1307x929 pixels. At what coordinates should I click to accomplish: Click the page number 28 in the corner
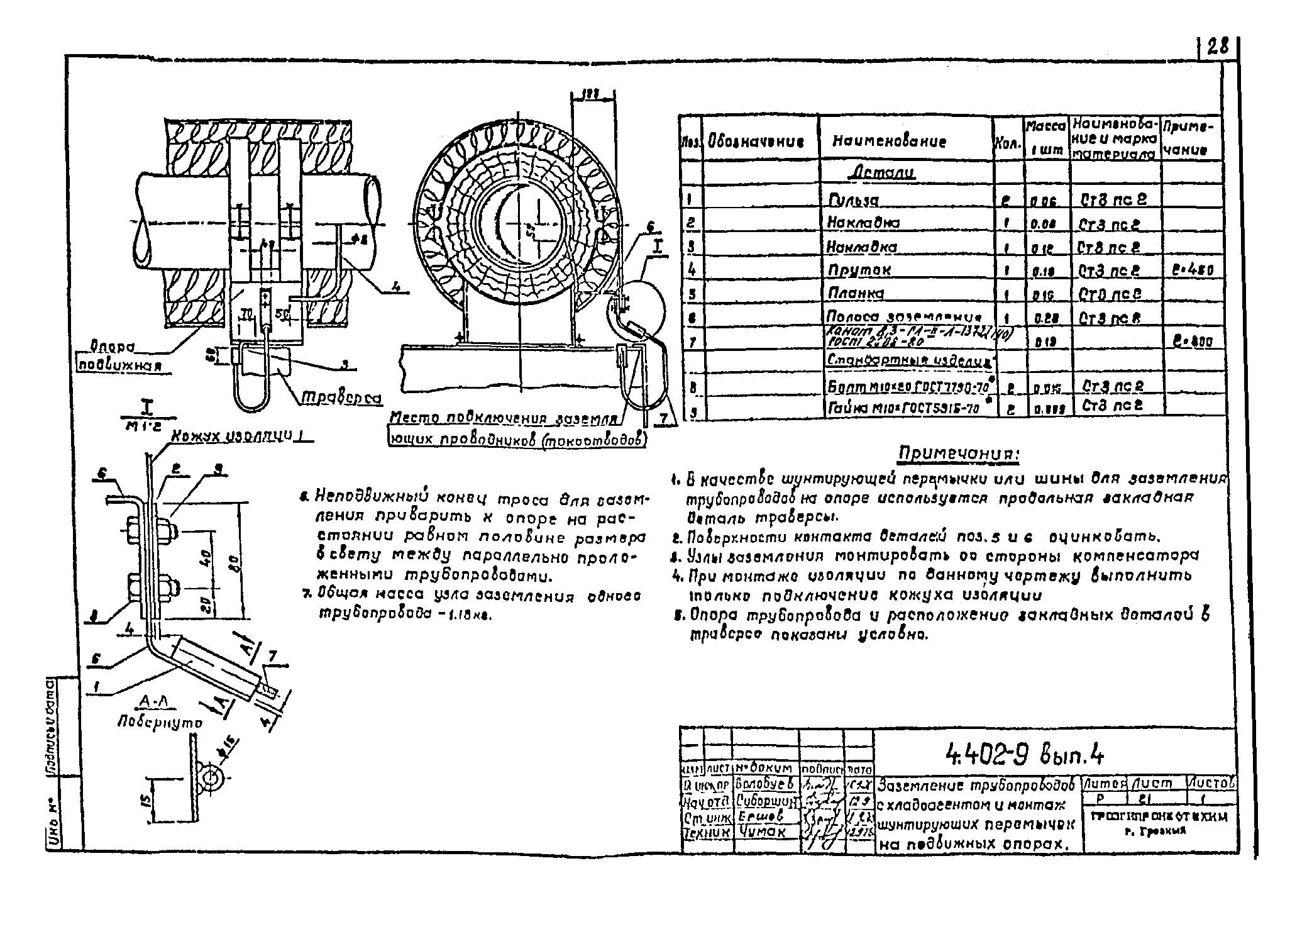coord(1217,47)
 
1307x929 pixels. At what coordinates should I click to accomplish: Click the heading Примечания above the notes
coord(959,453)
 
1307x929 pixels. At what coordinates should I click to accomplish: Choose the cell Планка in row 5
coord(856,294)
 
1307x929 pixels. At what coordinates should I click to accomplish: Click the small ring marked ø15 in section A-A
coord(209,777)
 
